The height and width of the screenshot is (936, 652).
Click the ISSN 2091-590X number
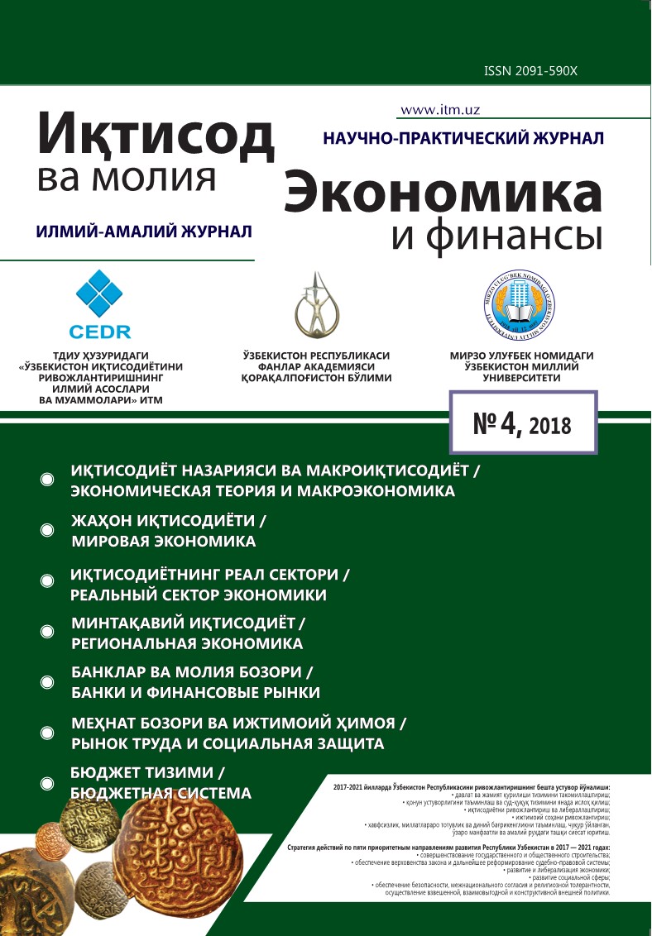coord(530,72)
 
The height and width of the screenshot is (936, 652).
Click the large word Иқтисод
coord(155,134)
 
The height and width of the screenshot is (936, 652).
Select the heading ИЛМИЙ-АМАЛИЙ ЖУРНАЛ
coord(144,232)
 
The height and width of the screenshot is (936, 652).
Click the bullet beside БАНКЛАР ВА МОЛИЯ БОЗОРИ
coord(47,682)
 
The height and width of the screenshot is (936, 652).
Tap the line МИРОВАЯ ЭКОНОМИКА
coord(164,542)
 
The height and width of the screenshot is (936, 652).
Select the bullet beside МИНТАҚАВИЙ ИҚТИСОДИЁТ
coord(47,632)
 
